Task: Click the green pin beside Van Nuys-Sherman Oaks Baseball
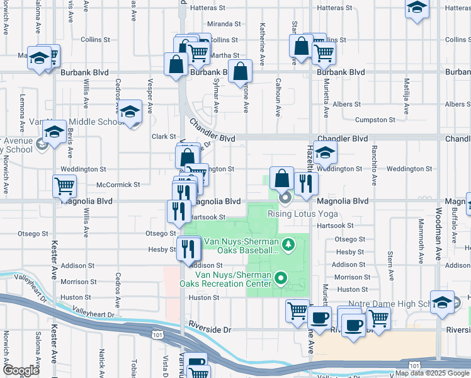pyautogui.click(x=288, y=243)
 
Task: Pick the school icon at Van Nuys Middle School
pyautogui.click(x=130, y=113)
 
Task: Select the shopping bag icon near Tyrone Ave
pyautogui.click(x=240, y=72)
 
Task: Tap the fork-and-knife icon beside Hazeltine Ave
pyautogui.click(x=306, y=184)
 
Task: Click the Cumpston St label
pyautogui.click(x=375, y=119)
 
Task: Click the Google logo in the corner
pyautogui.click(x=20, y=370)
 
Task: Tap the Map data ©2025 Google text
pyautogui.click(x=432, y=373)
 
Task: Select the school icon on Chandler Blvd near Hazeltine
pyautogui.click(x=325, y=152)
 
